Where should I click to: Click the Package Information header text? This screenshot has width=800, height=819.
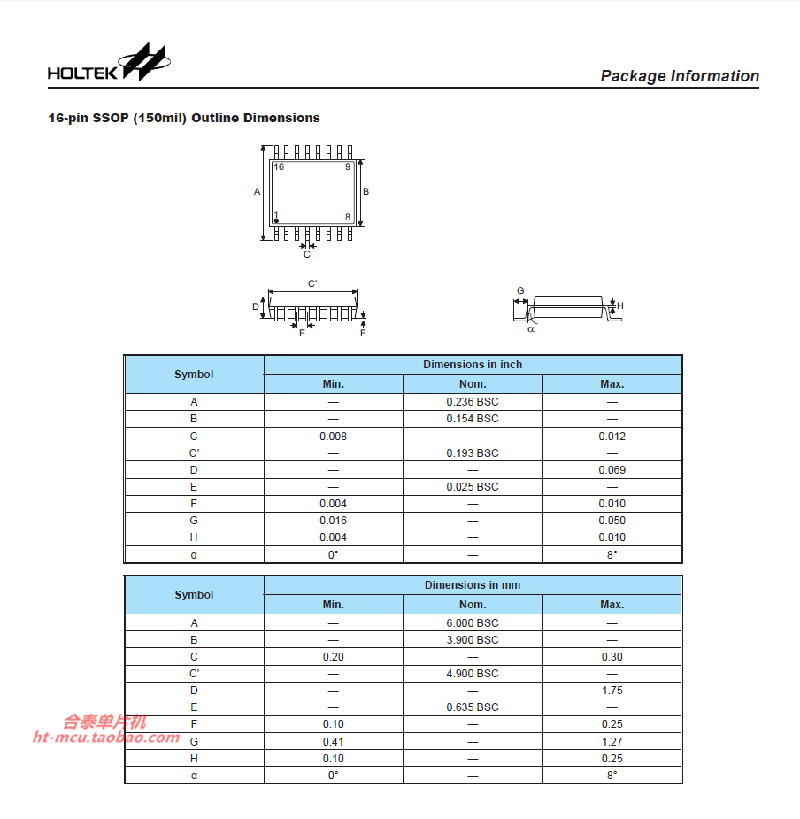tap(679, 76)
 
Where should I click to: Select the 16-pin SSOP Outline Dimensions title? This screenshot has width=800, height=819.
tap(184, 118)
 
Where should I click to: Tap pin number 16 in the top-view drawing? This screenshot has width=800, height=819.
tap(279, 166)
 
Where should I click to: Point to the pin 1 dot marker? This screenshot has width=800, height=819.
tap(276, 220)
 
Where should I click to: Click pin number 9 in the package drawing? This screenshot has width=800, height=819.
tap(348, 166)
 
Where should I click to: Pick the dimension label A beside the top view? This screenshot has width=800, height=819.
tap(258, 191)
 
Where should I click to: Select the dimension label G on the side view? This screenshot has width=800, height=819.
tap(520, 290)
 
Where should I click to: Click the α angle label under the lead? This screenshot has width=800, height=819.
tap(531, 328)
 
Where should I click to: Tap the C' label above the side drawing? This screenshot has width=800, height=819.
tap(312, 283)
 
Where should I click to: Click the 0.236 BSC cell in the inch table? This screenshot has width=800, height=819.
tap(473, 402)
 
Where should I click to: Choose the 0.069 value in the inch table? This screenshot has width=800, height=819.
tap(612, 470)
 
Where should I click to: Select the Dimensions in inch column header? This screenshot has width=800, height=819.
tap(473, 365)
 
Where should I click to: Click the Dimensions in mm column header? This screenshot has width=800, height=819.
tap(473, 585)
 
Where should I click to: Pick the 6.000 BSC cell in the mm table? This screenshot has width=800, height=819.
tap(473, 623)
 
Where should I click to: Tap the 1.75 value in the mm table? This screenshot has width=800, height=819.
tap(612, 691)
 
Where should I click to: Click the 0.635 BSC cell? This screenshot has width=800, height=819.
tap(473, 707)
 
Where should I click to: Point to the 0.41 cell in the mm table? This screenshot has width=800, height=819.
tap(333, 741)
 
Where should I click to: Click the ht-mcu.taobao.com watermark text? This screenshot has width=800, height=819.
tap(106, 738)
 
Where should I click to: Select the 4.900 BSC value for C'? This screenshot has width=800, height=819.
tap(473, 674)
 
